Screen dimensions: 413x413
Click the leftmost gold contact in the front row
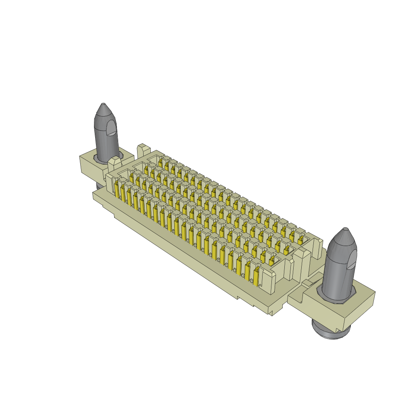pyautogui.click(x=117, y=190)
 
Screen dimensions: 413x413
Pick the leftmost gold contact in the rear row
pyautogui.click(x=160, y=163)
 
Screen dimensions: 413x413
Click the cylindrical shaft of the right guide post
pyautogui.click(x=339, y=274)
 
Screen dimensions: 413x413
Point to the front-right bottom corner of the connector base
pyautogui.click(x=273, y=315)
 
